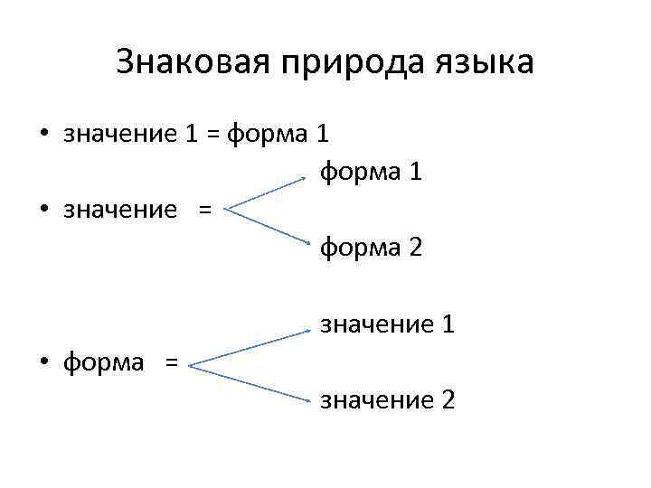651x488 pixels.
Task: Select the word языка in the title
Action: click(488, 65)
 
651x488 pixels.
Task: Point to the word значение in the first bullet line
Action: click(120, 135)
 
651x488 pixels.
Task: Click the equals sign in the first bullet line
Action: click(212, 135)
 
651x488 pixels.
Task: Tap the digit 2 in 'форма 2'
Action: click(414, 246)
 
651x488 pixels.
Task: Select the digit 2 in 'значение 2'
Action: click(447, 399)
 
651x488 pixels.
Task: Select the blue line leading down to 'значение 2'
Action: click(249, 380)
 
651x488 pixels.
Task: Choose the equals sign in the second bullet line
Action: click(203, 210)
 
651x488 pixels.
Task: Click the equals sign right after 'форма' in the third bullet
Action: click(171, 363)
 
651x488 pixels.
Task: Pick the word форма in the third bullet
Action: click(103, 363)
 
